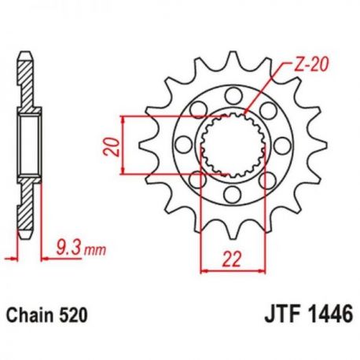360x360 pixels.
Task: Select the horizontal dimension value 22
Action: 231,259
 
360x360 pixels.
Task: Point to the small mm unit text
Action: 95,251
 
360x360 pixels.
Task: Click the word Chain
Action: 29,315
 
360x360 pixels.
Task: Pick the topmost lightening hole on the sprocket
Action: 233,96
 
